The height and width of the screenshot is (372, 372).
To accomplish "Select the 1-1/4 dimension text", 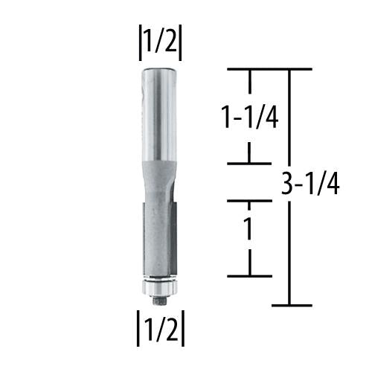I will pos(248,118).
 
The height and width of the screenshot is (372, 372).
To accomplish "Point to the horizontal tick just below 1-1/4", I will pos(248,163).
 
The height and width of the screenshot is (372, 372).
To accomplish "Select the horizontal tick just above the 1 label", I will pos(248,201).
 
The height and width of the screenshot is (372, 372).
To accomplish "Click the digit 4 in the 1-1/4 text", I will pos(271,118).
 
